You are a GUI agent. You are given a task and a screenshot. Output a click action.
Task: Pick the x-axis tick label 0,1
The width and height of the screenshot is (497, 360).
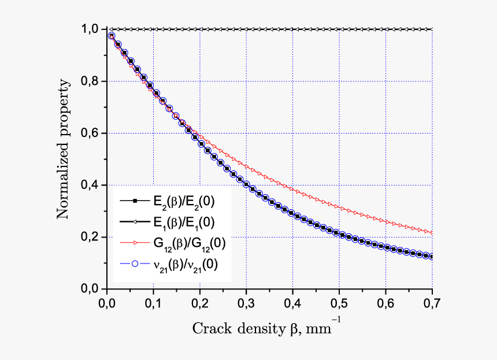point(153,302)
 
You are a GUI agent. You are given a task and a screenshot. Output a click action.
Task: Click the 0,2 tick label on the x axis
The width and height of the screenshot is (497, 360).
point(200,302)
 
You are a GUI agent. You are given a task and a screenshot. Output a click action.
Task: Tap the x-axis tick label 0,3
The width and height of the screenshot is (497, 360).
point(246,302)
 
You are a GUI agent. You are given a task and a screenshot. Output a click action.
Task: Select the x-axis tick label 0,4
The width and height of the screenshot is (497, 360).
point(293,302)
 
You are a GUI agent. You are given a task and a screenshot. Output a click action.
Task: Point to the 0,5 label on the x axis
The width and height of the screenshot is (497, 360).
point(339,302)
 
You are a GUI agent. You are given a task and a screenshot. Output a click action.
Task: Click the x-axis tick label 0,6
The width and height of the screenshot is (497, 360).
point(386,302)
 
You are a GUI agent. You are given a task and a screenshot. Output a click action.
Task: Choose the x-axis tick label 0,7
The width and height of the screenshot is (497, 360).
point(432,302)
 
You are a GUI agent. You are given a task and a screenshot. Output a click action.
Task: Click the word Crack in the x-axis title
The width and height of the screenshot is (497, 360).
point(209,328)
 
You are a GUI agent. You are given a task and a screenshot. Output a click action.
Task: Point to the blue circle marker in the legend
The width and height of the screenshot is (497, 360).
point(135,264)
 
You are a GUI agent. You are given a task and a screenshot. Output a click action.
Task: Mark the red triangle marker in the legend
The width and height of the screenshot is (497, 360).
point(135,243)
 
